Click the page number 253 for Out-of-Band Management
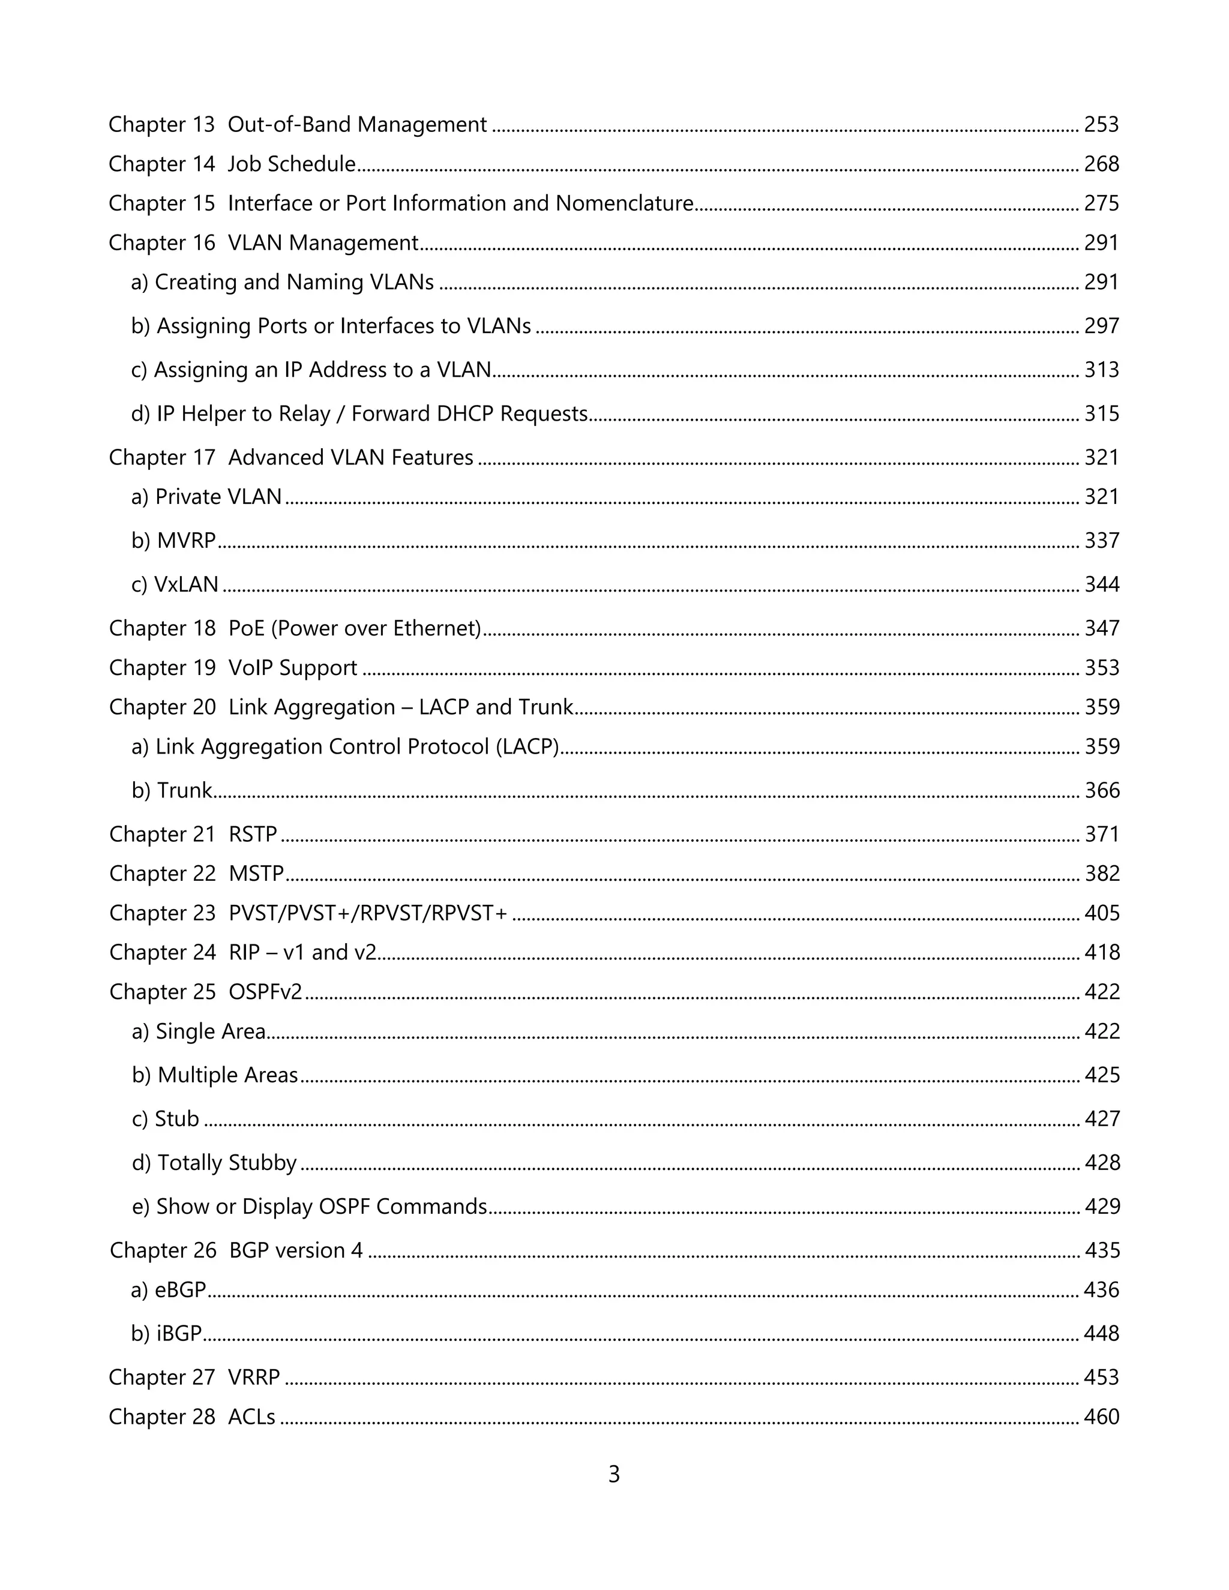(1101, 124)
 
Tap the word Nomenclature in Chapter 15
(624, 203)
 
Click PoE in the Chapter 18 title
(246, 628)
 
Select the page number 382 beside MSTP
(1102, 873)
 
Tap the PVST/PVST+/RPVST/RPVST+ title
(368, 913)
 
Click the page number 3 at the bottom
(614, 1474)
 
